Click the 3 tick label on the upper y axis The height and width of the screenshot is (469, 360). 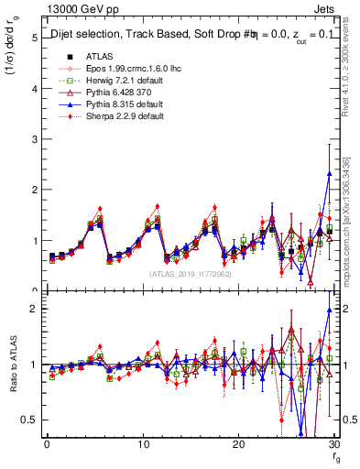point(33,139)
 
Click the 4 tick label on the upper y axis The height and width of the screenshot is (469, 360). point(33,89)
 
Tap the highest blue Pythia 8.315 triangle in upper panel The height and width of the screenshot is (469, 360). point(329,173)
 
